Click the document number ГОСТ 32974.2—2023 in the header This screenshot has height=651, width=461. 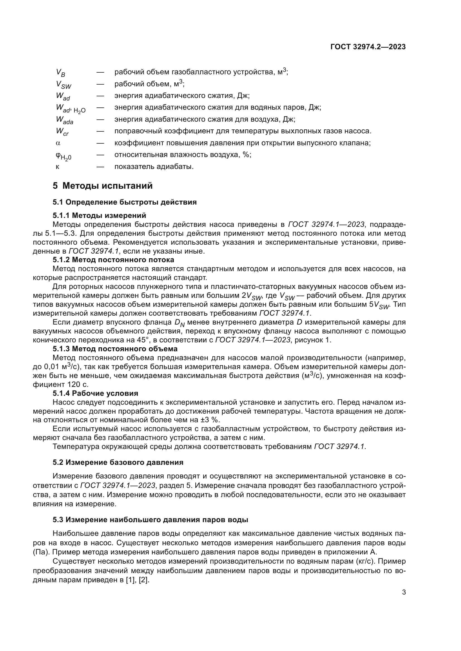[x=368, y=47]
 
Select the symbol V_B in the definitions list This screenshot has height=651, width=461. [x=60, y=73]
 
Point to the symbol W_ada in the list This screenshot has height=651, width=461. [x=64, y=120]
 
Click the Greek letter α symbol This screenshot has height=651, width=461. [x=58, y=143]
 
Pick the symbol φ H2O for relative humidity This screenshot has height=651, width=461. [x=63, y=156]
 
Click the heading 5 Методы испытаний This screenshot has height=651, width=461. [x=103, y=186]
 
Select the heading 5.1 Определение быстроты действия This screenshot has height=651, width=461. [x=125, y=202]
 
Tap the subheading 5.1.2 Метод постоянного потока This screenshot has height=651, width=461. [x=113, y=260]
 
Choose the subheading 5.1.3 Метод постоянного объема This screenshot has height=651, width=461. [x=115, y=349]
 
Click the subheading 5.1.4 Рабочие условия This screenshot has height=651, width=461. [x=95, y=393]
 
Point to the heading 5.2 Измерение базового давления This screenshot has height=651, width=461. [x=118, y=463]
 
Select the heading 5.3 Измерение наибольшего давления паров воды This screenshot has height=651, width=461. [x=150, y=520]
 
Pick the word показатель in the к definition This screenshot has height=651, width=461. [x=130, y=167]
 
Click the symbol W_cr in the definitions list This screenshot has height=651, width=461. [x=62, y=132]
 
